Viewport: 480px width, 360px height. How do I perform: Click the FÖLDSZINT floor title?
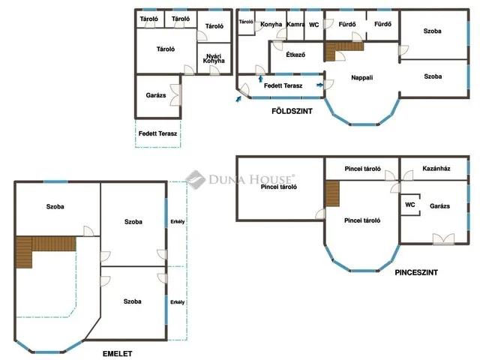pos(292,111)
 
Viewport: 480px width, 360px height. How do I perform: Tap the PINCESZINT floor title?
pos(416,272)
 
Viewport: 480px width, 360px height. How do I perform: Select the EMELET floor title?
pos(118,354)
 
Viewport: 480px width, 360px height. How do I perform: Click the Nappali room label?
pos(361,78)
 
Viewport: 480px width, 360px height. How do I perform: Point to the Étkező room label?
pos(295,55)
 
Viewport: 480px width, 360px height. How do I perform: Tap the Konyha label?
pos(271,24)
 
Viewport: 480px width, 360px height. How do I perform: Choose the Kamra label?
pos(295,25)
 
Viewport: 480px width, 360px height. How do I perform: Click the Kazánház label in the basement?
pos(436,168)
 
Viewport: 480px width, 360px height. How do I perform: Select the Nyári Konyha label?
pos(214,58)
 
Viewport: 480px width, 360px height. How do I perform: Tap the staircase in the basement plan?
pos(332,193)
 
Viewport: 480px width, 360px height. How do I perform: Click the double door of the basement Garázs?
pos(443,239)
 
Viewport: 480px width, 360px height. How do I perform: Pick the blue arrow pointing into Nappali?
pos(319,85)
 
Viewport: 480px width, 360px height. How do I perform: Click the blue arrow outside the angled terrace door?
pos(238,98)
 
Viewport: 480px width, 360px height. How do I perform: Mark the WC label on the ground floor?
pos(314,25)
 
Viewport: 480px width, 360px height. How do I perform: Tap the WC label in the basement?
pos(410,205)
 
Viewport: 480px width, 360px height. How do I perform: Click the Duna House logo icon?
pos(196,180)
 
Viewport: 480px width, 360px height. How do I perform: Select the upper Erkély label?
pos(178,222)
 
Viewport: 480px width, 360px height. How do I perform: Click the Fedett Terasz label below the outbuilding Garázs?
pos(157,133)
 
